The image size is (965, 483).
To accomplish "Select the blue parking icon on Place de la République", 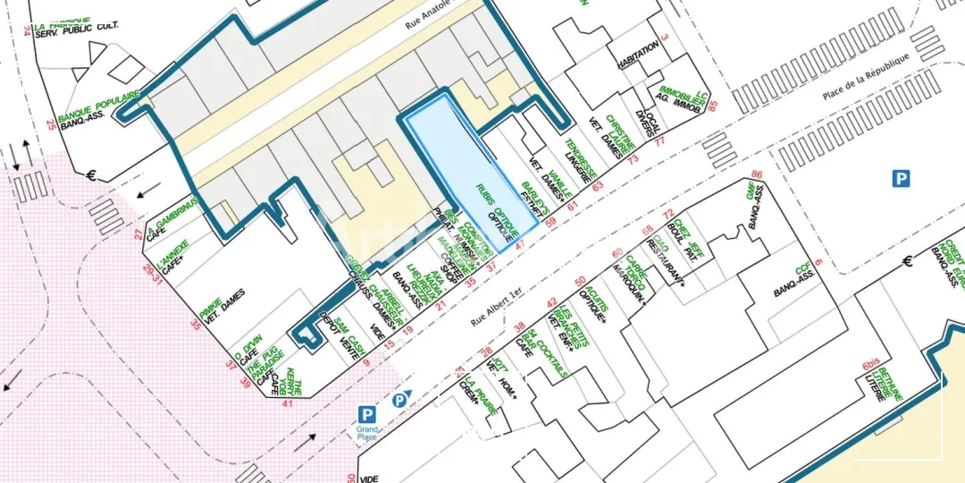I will coord(901,179).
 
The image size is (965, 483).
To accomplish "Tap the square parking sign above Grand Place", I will coord(366,414).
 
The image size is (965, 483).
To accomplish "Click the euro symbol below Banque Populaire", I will coord(91,175).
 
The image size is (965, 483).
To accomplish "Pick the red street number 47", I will coord(519,235).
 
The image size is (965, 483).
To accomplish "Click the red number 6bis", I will coord(869,365).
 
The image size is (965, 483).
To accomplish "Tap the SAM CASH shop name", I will coord(348,338).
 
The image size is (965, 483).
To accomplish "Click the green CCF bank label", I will coord(802,270).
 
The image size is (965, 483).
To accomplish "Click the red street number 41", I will coord(287,402).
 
